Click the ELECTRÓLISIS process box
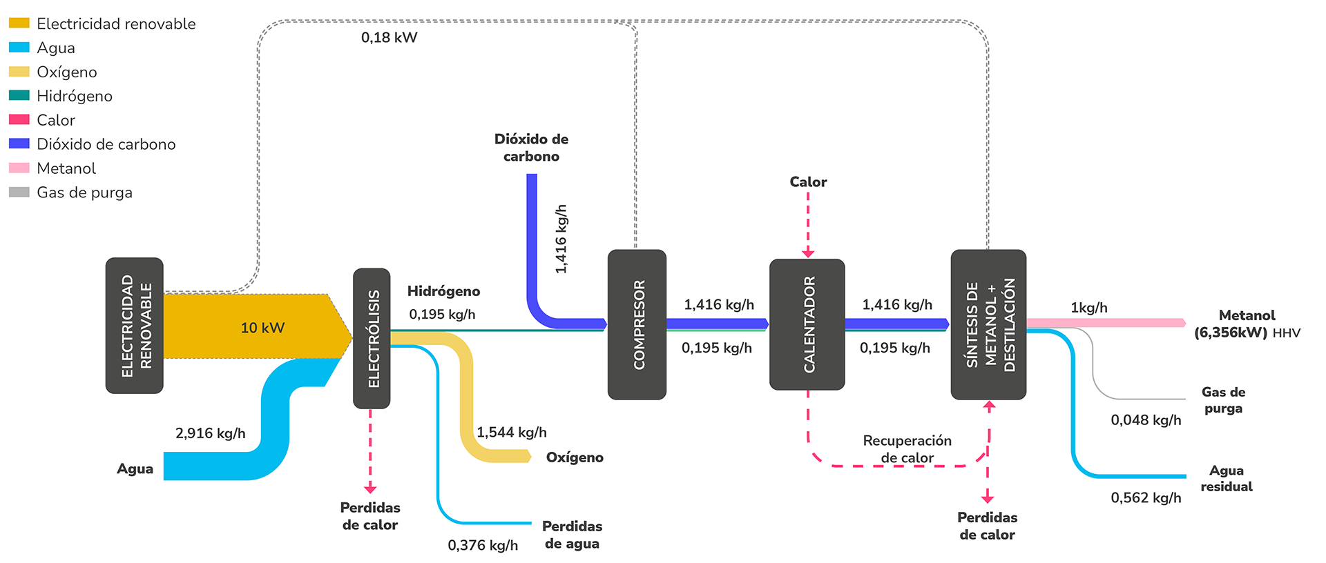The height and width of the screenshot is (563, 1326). click(372, 338)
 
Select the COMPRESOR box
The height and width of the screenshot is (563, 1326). click(637, 324)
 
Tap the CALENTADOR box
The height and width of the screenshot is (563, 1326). click(807, 324)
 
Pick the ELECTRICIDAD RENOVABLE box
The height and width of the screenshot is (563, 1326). click(135, 326)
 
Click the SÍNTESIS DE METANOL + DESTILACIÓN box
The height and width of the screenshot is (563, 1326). click(988, 324)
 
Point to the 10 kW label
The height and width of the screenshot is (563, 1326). click(262, 328)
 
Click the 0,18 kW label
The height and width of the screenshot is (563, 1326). click(389, 37)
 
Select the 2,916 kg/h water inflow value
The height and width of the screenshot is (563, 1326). click(210, 433)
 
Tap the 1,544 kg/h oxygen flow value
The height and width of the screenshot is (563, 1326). click(511, 432)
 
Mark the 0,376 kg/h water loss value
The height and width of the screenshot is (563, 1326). click(482, 545)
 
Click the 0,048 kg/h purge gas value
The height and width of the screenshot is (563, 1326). click(1145, 419)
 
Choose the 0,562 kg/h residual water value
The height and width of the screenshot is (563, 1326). click(1145, 497)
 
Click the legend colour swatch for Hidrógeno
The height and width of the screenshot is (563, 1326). click(19, 96)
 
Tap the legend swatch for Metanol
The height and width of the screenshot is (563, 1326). click(19, 168)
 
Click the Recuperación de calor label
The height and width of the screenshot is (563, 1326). click(907, 448)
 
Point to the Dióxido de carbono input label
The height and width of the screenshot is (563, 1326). click(531, 148)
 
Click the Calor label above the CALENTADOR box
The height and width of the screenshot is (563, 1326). click(808, 181)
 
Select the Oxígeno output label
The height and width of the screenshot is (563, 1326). click(574, 457)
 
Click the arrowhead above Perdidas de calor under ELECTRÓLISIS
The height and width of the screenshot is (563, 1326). click(370, 488)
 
